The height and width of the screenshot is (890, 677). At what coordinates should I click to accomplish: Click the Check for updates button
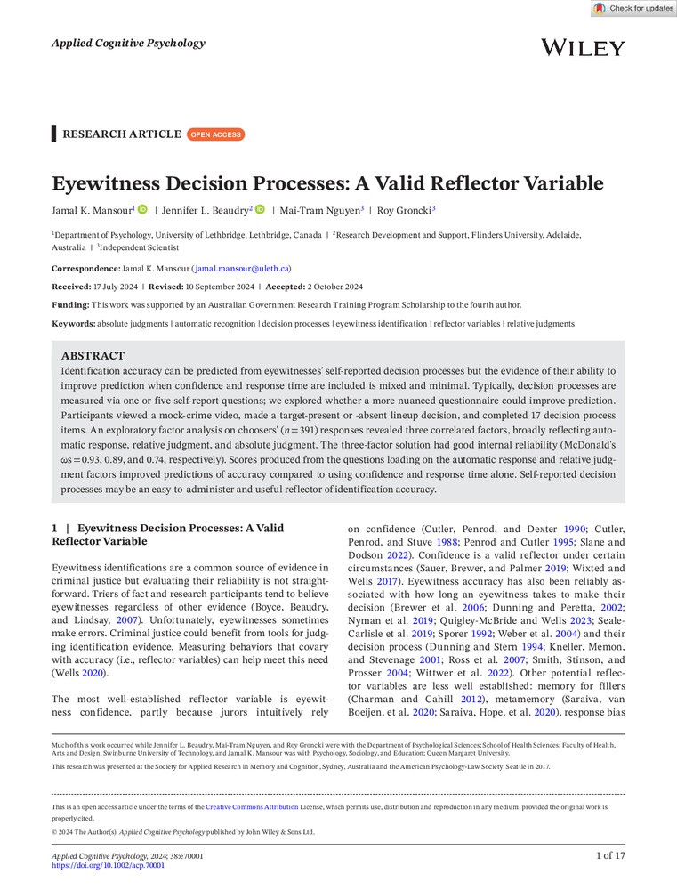pos(634,8)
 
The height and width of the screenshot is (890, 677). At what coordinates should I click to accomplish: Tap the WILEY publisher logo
pos(583,47)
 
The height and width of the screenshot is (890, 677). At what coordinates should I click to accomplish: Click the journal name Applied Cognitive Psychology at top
pos(128,43)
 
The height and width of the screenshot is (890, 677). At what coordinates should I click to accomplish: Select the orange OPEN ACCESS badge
pos(215,134)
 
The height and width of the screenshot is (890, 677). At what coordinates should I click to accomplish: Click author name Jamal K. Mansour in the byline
pos(92,210)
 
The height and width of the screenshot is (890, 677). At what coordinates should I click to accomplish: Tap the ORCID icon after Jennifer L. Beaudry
pos(260,210)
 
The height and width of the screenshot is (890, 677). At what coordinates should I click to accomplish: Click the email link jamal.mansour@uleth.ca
pos(241,268)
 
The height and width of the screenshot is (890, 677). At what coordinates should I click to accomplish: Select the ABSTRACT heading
pos(93,354)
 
